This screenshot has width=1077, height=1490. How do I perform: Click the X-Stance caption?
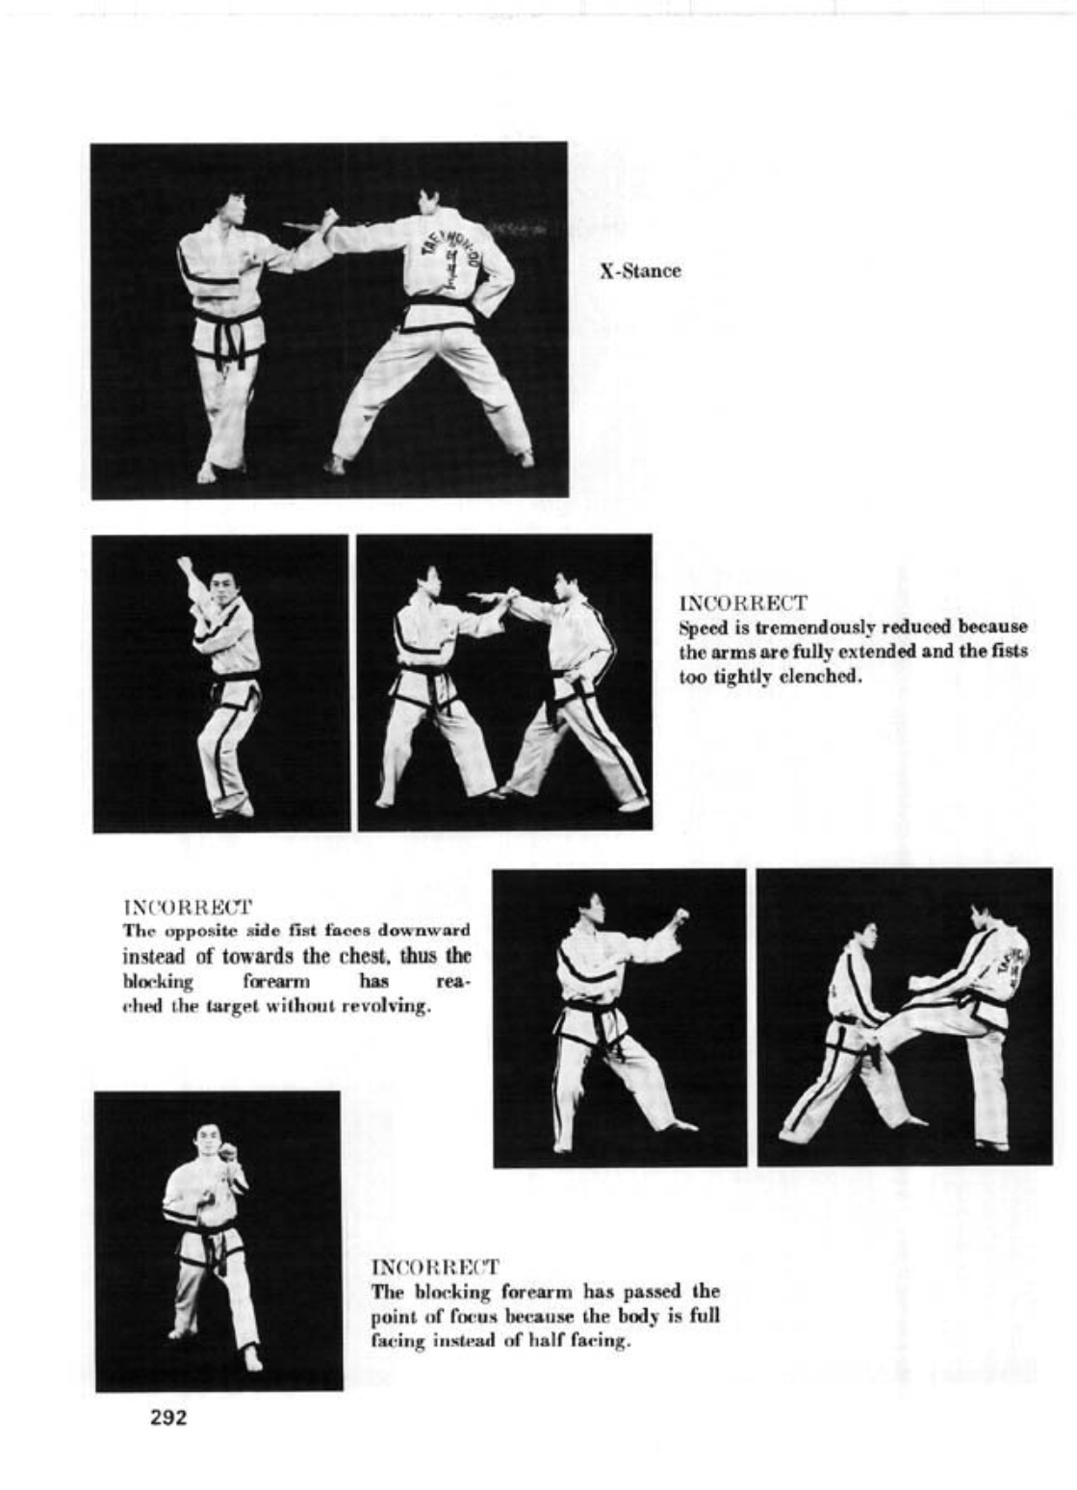point(640,271)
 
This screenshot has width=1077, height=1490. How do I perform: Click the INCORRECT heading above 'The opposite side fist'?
point(188,907)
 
